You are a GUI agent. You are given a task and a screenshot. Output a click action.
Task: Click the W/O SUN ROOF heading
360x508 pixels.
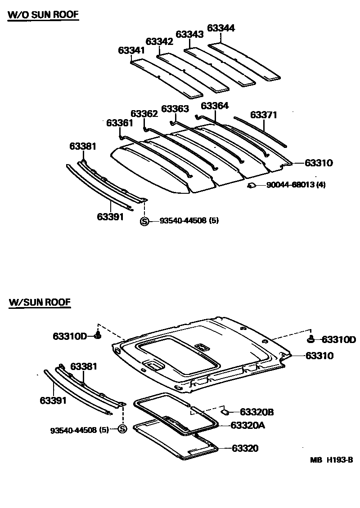[x=43, y=14]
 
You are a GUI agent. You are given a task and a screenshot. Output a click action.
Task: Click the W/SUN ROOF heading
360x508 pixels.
[x=40, y=302]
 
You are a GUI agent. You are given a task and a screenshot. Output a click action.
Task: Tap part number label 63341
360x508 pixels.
[x=131, y=50]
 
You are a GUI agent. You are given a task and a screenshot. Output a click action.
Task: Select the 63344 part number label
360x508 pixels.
[x=221, y=28]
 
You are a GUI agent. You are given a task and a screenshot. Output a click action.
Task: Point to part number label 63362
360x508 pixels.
[x=144, y=114]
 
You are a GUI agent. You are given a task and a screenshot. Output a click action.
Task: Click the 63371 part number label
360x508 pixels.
[x=264, y=115]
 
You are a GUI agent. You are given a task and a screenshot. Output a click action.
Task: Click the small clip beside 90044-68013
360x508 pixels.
[x=252, y=185]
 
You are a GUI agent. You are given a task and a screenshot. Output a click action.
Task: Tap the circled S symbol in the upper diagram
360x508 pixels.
[x=144, y=221]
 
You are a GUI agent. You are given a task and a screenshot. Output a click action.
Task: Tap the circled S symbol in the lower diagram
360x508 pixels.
[x=122, y=429]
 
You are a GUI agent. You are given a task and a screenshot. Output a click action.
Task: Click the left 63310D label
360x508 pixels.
[x=70, y=336]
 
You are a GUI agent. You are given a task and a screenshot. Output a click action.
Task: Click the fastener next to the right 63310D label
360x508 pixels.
[x=311, y=338]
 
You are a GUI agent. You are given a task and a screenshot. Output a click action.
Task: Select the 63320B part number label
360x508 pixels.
[x=257, y=412]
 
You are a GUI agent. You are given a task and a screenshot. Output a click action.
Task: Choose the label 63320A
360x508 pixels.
[x=248, y=425]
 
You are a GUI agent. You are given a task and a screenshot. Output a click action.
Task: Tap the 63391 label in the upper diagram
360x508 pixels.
[x=110, y=217]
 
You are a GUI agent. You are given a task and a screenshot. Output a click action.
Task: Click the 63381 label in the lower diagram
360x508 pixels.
[x=84, y=366]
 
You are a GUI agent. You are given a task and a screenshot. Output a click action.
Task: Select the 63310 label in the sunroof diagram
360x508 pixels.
[x=319, y=356]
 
